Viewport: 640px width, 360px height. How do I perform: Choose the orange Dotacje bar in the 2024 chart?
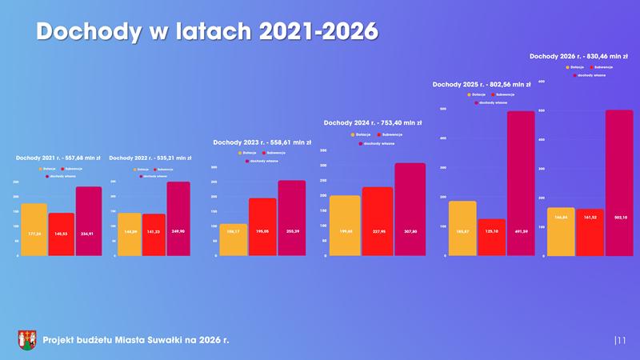pyautogui.click(x=345, y=225)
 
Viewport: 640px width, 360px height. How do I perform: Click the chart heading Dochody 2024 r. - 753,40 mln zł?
pyautogui.click(x=372, y=122)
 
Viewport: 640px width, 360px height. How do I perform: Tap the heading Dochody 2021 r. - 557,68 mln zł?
pyautogui.click(x=58, y=158)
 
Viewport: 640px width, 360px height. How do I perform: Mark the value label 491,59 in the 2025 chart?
pyautogui.click(x=519, y=231)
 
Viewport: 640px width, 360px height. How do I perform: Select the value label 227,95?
pyautogui.click(x=378, y=231)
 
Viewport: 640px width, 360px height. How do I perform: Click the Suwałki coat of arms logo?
pyautogui.click(x=26, y=340)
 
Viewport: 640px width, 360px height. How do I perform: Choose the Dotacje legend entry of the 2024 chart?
pyautogui.click(x=360, y=134)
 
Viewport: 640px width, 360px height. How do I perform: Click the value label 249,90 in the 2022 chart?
pyautogui.click(x=179, y=231)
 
